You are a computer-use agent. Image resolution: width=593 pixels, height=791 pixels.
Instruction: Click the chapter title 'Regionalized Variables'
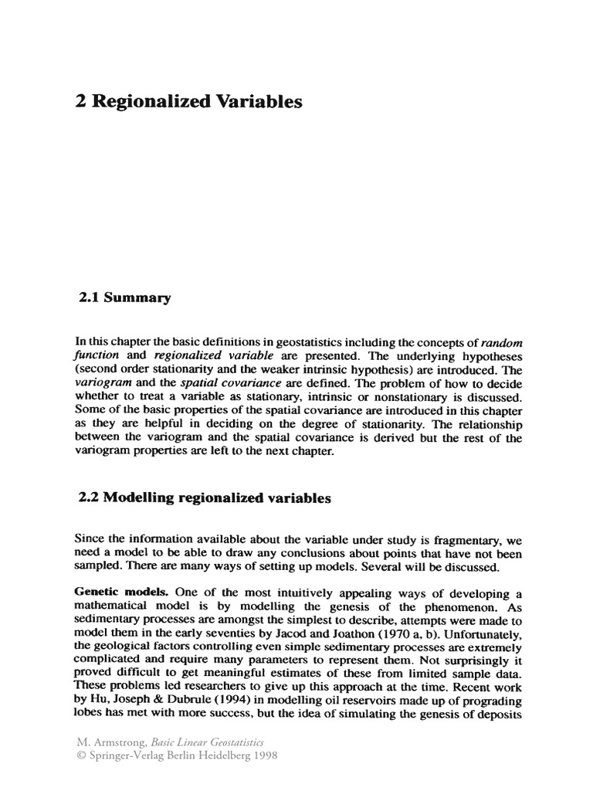click(196, 102)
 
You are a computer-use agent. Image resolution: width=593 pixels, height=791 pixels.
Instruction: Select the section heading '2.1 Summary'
click(124, 297)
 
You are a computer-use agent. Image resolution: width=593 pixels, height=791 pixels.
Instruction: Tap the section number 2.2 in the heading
click(90, 498)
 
